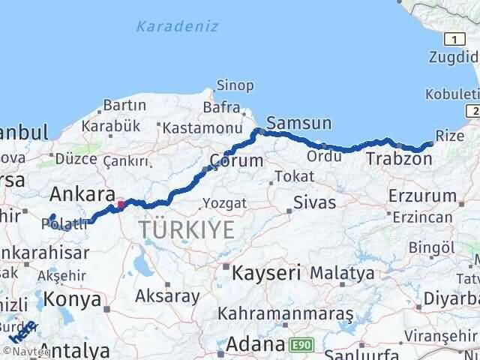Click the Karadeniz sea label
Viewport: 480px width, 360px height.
coord(178,26)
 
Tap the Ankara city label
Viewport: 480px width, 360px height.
coord(82,195)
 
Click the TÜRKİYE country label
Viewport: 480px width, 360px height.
coord(186,229)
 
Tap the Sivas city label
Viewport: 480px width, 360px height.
coord(314,202)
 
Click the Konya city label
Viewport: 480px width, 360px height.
coord(73,299)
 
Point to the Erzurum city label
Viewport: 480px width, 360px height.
coord(423,196)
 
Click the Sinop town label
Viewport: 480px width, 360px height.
coord(235,85)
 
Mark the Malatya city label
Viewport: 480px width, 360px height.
coord(342,272)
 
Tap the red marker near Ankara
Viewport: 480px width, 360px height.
coord(121,204)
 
